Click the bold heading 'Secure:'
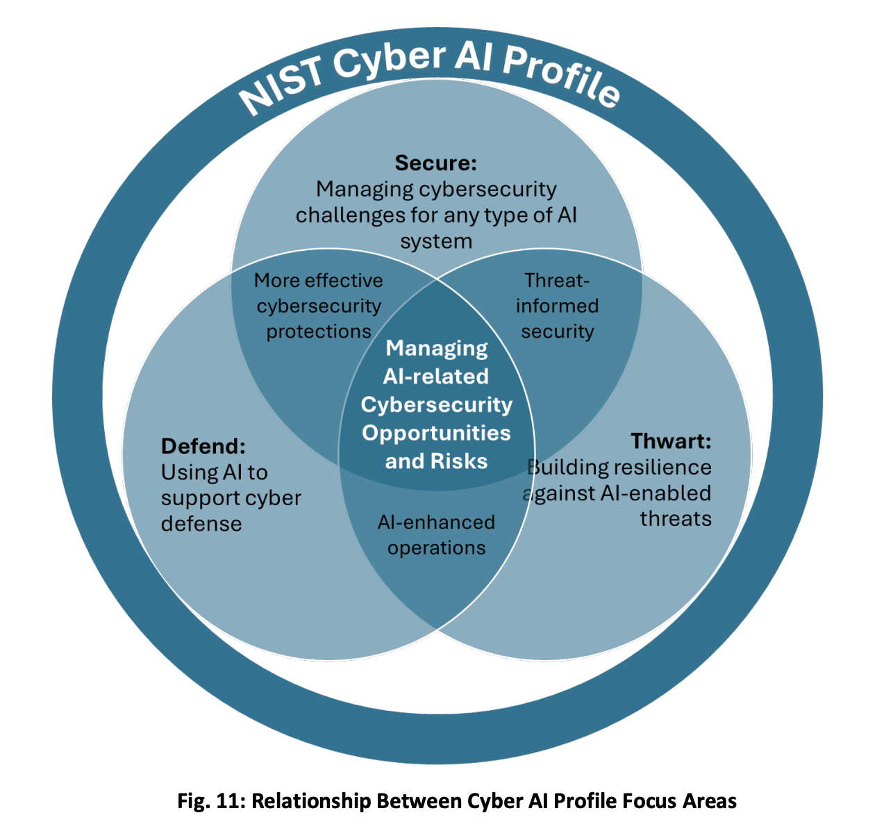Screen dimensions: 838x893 click(435, 163)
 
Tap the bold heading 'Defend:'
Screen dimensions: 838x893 click(203, 445)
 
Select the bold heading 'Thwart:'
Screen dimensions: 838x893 click(671, 441)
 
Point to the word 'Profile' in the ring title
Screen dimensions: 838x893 click(560, 79)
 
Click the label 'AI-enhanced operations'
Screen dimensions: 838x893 click(436, 535)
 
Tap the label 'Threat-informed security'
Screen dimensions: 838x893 click(557, 306)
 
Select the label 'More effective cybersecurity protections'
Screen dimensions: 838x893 click(319, 306)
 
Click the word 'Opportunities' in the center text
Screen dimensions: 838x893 click(436, 433)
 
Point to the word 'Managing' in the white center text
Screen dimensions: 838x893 click(437, 347)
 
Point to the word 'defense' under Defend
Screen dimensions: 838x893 click(201, 523)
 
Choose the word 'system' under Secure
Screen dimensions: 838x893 click(436, 241)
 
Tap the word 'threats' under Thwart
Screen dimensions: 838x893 click(675, 519)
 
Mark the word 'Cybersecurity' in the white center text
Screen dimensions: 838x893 click(436, 404)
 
